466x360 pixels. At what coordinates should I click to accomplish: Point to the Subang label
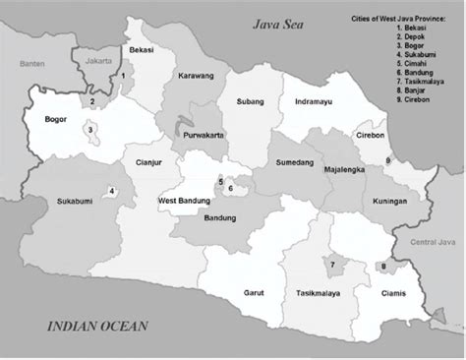pyautogui.click(x=251, y=100)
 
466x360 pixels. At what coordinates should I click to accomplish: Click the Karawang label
pyautogui.click(x=196, y=76)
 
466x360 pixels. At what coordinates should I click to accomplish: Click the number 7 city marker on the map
pyautogui.click(x=332, y=265)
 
